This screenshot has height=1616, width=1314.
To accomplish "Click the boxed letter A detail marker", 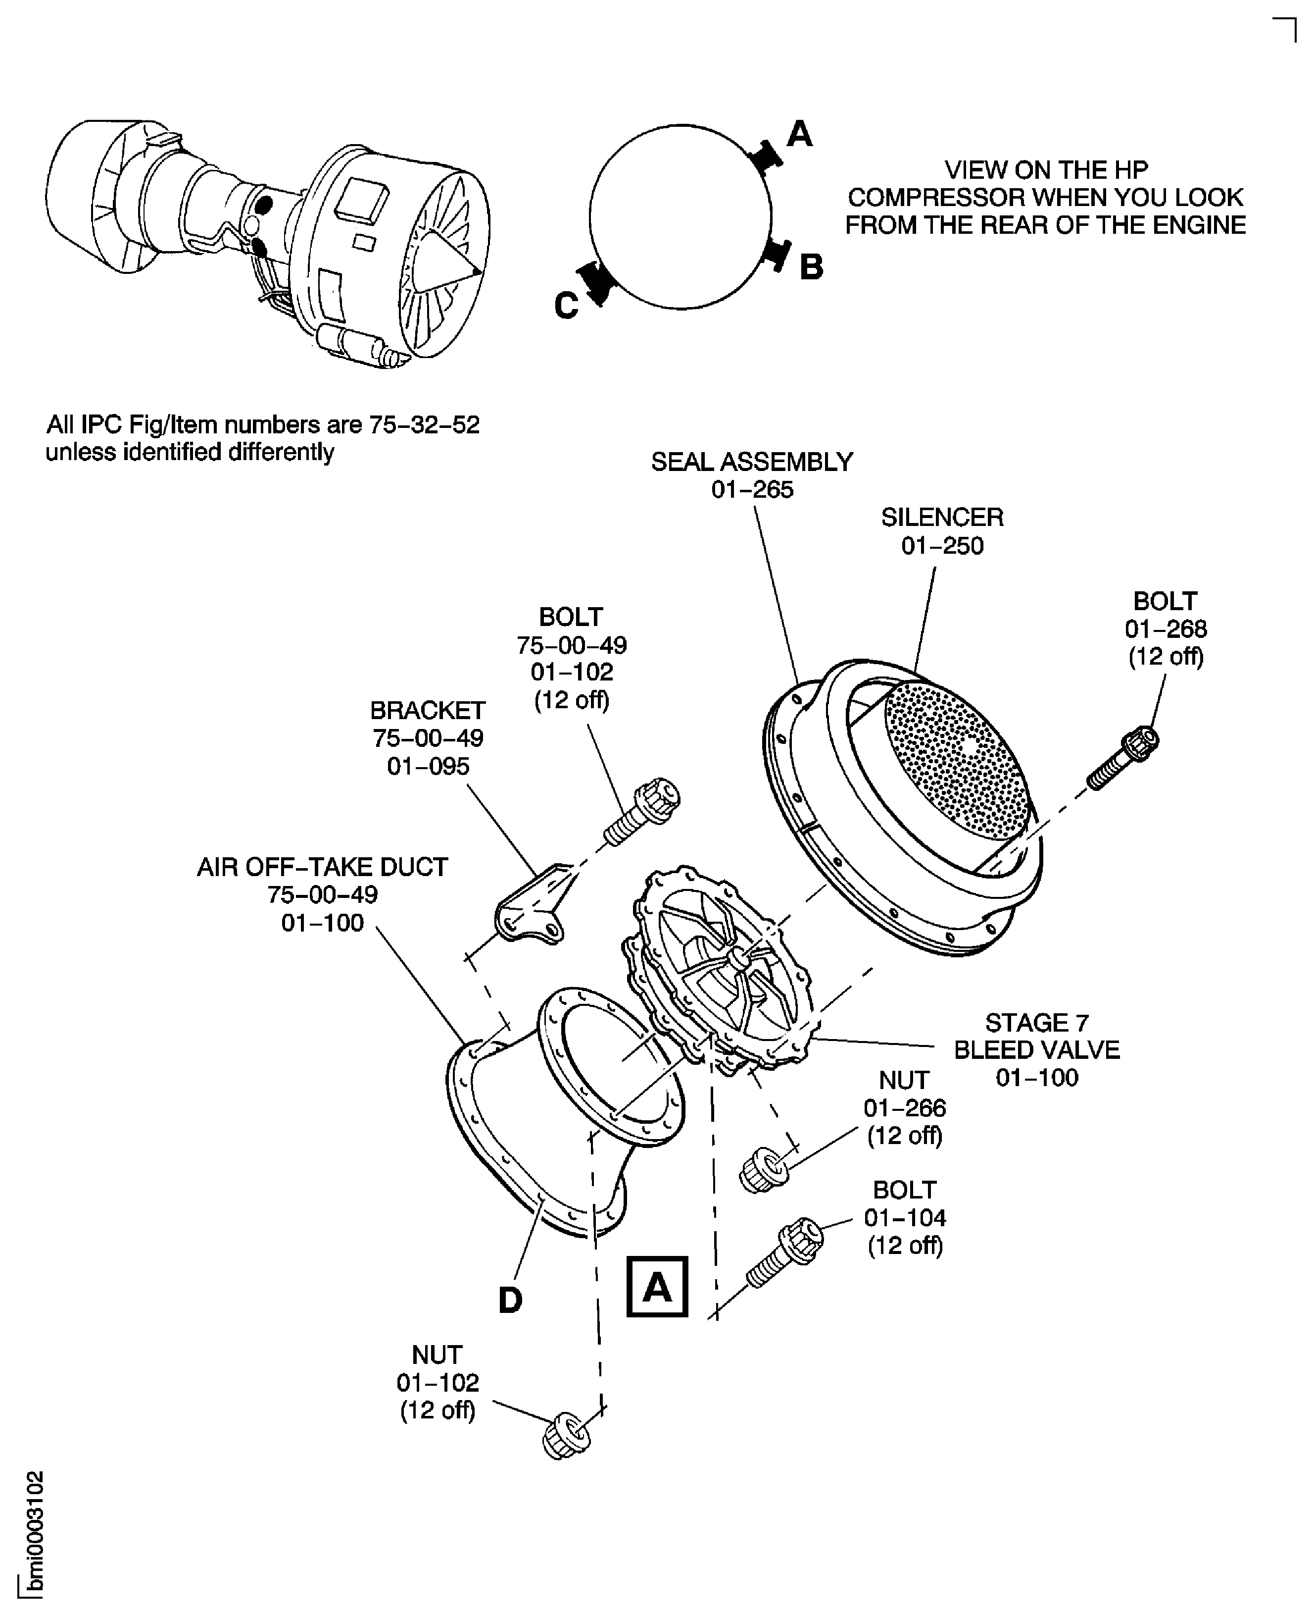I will [x=657, y=1286].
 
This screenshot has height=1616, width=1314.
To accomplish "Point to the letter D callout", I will [x=510, y=1300].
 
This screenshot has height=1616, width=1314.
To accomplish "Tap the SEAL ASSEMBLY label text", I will [x=752, y=462].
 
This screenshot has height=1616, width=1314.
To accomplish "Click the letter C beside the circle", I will [x=566, y=307].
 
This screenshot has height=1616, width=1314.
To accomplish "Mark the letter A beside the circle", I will [x=799, y=135].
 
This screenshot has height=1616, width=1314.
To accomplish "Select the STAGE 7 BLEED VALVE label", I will [x=1036, y=1049].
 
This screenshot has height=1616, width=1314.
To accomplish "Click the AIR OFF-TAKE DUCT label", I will [x=323, y=867].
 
